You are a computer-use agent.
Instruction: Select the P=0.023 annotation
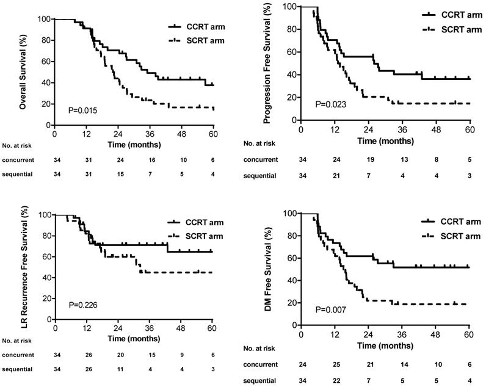[331, 104]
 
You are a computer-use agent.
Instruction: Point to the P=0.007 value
[331, 309]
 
